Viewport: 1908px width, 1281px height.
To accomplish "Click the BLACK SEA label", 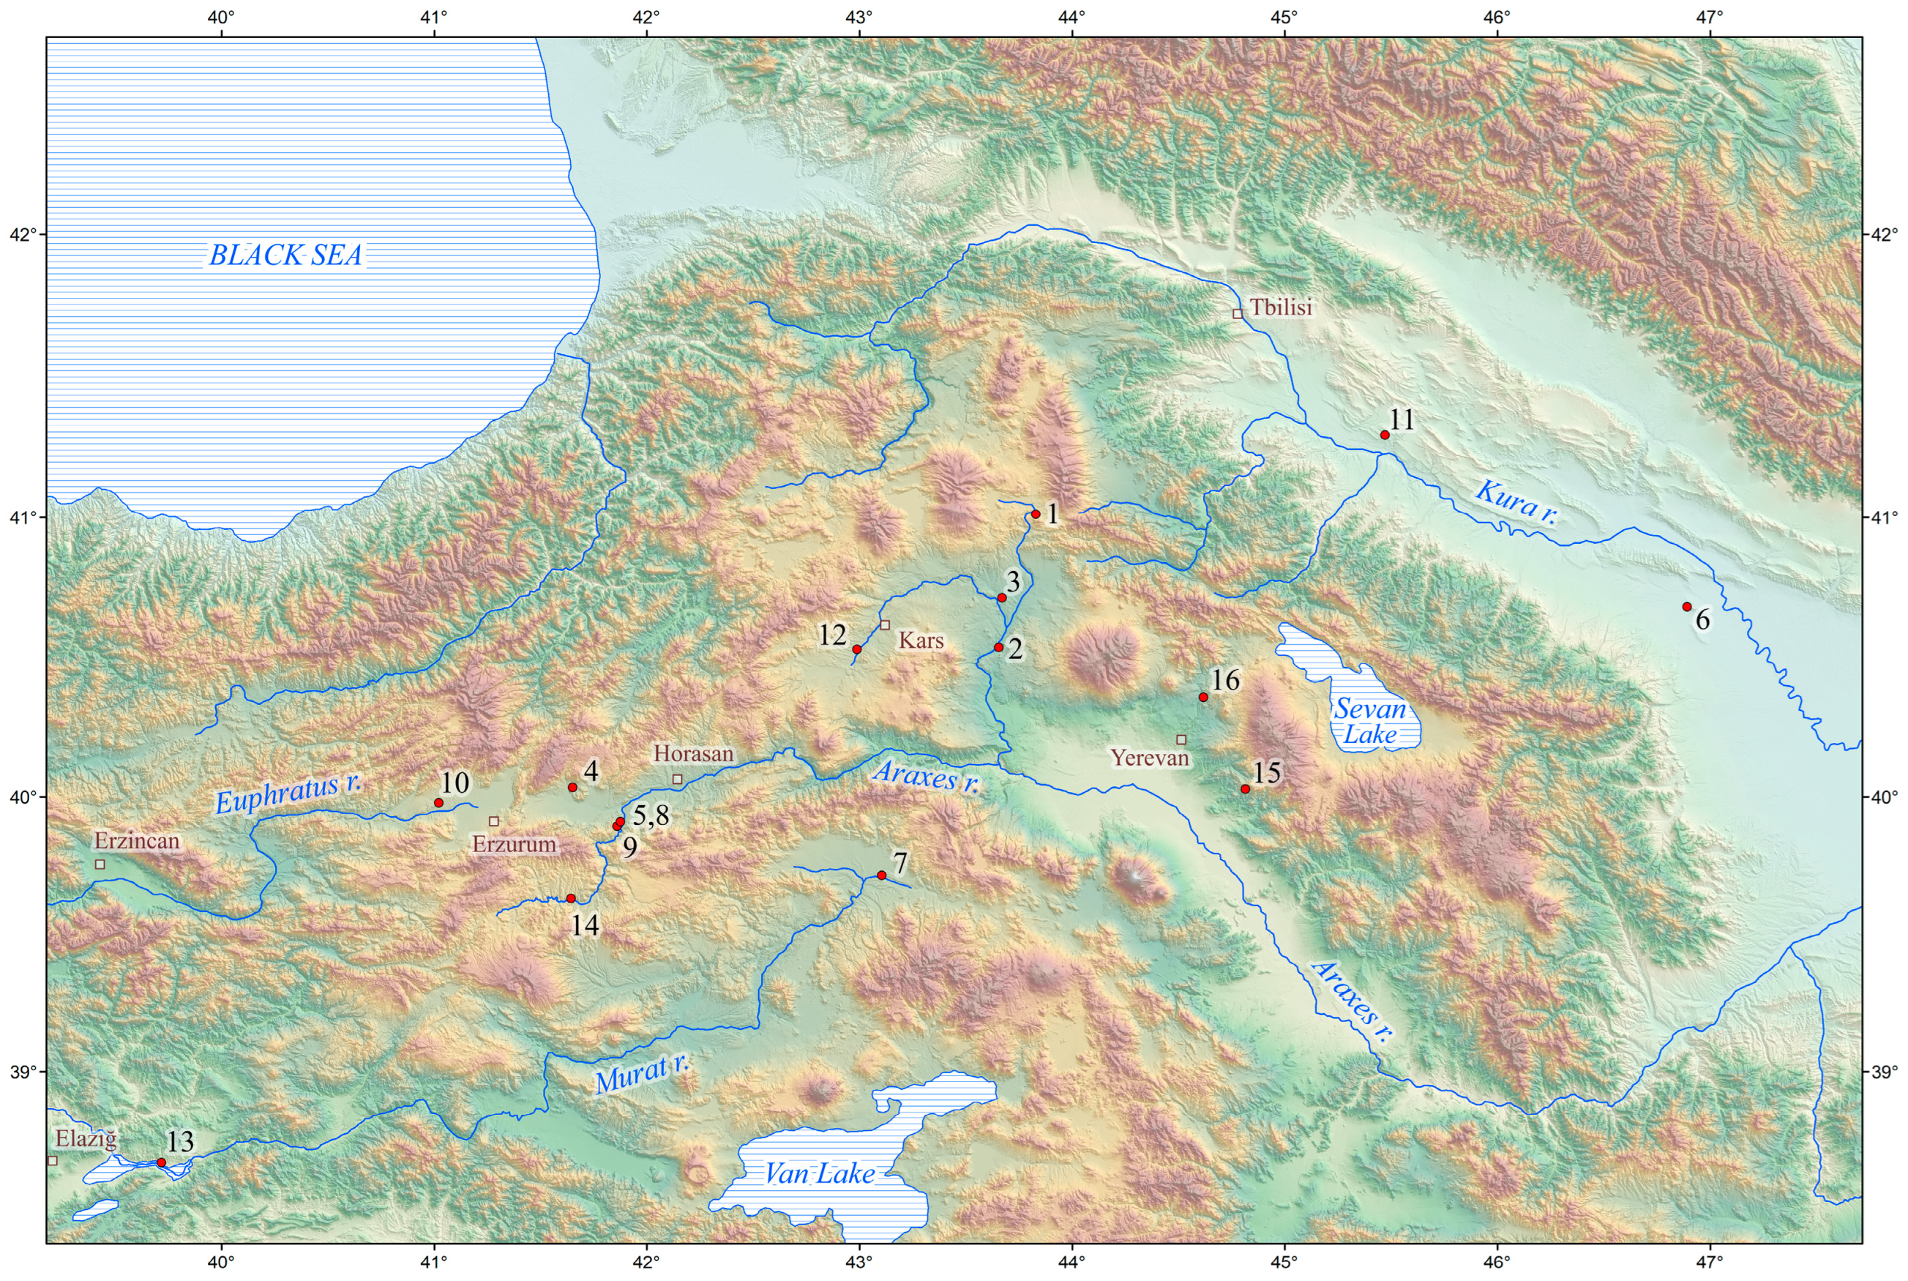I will point(286,255).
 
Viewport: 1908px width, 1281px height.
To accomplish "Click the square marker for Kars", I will point(885,625).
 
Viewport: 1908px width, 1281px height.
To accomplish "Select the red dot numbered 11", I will point(1385,435).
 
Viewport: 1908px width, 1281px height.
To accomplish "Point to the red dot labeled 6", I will point(1687,606).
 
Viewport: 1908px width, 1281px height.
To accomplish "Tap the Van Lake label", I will point(819,1174).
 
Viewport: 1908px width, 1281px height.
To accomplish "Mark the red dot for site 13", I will point(161,1162).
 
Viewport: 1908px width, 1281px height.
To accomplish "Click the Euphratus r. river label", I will point(288,794).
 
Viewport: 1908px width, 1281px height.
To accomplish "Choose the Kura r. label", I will point(1516,502).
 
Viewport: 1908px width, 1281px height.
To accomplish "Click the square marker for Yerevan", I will point(1181,739).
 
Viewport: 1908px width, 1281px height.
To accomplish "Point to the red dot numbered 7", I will point(881,875).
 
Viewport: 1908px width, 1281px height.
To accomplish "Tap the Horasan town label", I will point(693,753).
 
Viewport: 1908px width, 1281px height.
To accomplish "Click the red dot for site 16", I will point(1203,697).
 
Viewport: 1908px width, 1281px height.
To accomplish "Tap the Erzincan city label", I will point(136,840).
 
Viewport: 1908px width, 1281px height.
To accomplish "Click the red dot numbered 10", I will point(438,802).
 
